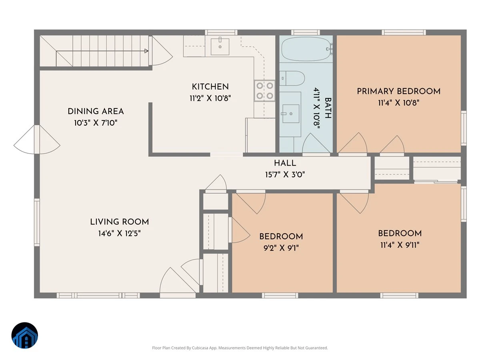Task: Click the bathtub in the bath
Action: pyautogui.click(x=306, y=49)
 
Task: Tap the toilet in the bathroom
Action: pyautogui.click(x=292, y=78)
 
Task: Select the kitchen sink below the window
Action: pyautogui.click(x=220, y=47)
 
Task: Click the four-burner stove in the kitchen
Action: pyautogui.click(x=264, y=91)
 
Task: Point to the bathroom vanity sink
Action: pyautogui.click(x=291, y=114)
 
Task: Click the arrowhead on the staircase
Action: pyautogui.click(x=146, y=51)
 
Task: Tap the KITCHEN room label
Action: pyautogui.click(x=210, y=87)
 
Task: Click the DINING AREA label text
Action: pyautogui.click(x=96, y=111)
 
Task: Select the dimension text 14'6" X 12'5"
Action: pyautogui.click(x=119, y=234)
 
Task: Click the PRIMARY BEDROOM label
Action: pyautogui.click(x=399, y=91)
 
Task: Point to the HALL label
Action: pyautogui.click(x=285, y=163)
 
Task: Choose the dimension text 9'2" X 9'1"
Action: pyautogui.click(x=281, y=248)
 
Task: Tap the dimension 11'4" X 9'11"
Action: pyautogui.click(x=400, y=245)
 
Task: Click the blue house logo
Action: pyautogui.click(x=25, y=335)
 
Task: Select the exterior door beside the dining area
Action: pyautogui.click(x=37, y=140)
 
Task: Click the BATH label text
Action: pyautogui.click(x=328, y=108)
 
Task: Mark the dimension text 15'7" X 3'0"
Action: pyautogui.click(x=285, y=175)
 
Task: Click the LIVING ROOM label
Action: pyautogui.click(x=119, y=222)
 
